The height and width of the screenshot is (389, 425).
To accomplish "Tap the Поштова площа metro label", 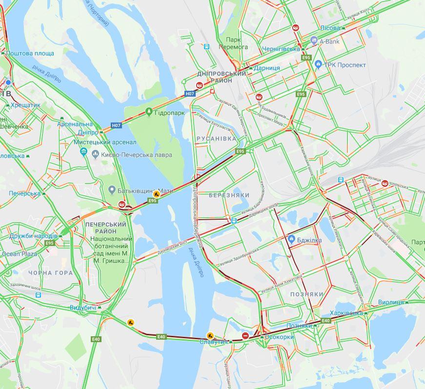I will [30, 53].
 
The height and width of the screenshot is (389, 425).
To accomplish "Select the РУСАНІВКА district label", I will [216, 139].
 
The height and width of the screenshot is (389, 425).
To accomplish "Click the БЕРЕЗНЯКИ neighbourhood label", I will [229, 195].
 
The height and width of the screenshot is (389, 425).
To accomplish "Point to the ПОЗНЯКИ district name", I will [306, 294].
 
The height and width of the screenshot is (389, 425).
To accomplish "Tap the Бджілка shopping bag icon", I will [291, 239].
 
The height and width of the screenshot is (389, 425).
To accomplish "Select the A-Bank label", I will [329, 42].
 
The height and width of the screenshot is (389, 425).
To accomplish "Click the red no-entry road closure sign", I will [246, 336].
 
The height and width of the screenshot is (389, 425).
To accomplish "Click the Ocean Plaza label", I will [20, 254].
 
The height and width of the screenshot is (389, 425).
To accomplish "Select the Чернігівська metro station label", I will [281, 49].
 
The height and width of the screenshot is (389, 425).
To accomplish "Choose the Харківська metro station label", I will [346, 313].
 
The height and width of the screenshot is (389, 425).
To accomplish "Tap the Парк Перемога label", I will [237, 43].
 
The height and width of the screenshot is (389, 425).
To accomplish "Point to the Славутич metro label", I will [214, 342].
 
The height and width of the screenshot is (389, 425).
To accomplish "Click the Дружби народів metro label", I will [33, 236].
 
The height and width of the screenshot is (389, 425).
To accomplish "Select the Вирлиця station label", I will [390, 303].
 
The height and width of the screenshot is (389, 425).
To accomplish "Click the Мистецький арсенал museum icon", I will [83, 151].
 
